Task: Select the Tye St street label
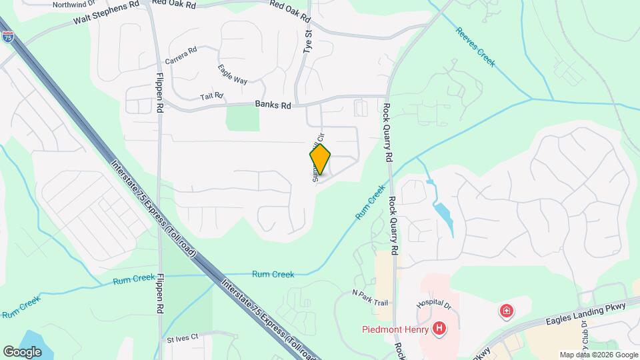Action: (x=308, y=41)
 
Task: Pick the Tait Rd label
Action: (x=213, y=97)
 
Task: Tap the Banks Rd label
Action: (x=273, y=105)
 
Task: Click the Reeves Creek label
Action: (x=475, y=47)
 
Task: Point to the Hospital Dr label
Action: (x=434, y=303)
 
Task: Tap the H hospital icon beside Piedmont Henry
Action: (x=439, y=328)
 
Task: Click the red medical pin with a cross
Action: (x=507, y=311)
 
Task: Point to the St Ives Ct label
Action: (x=183, y=339)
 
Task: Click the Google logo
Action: (x=22, y=351)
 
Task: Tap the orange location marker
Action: (x=320, y=159)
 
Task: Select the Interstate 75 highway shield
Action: (x=8, y=37)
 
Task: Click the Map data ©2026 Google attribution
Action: (x=598, y=355)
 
